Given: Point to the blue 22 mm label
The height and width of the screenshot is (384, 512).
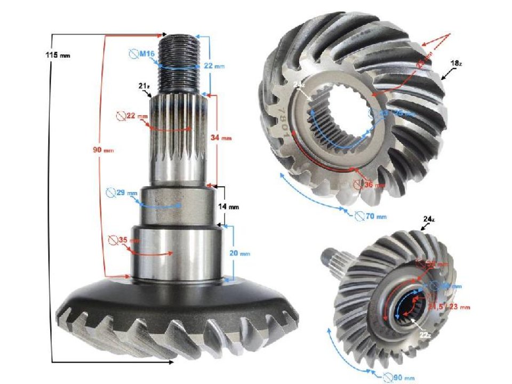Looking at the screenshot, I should point(215,66).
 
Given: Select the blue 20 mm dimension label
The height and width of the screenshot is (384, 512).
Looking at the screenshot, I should point(241,254).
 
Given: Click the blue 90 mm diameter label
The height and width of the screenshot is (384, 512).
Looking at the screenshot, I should point(399,378).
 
